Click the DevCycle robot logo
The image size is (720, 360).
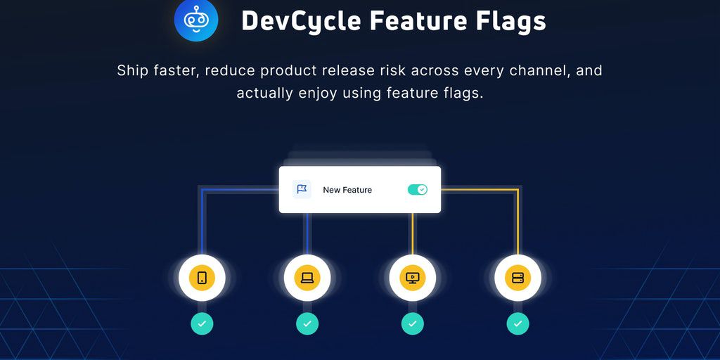tap(196, 20)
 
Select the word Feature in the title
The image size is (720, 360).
tap(411, 21)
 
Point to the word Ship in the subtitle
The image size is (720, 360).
tap(132, 70)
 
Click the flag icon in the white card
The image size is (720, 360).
tap(302, 189)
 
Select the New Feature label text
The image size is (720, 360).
tap(347, 190)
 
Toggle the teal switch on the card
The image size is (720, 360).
tap(418, 190)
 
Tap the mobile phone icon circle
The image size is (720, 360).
tap(202, 278)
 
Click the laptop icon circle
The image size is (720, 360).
tap(307, 278)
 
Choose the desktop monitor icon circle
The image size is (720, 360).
tap(413, 278)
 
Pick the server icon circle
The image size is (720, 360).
tap(518, 278)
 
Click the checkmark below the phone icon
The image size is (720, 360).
tap(202, 323)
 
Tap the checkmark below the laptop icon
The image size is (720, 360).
tap(307, 323)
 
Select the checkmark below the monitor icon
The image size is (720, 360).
tap(413, 323)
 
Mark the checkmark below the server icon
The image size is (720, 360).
tap(518, 323)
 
